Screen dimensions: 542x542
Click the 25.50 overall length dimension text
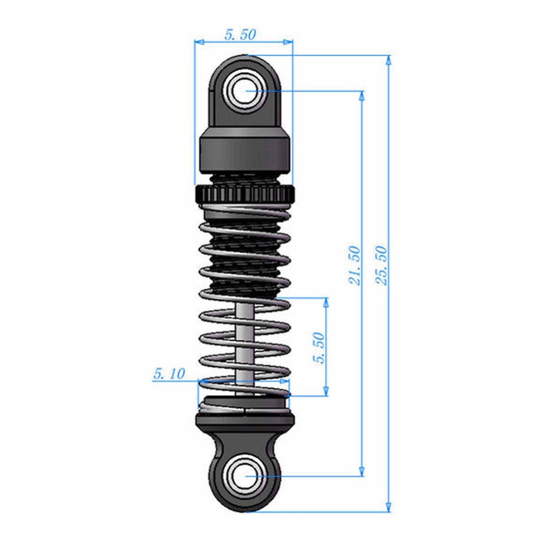click(381, 266)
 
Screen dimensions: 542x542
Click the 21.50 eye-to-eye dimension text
click(355, 266)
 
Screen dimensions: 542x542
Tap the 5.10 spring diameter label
click(169, 374)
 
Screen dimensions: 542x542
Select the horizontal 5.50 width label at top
click(240, 35)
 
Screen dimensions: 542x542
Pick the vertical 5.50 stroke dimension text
click(318, 348)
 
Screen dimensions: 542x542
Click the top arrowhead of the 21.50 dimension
click(362, 95)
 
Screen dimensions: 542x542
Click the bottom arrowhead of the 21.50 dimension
click(362, 471)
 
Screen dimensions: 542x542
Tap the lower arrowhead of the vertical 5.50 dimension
click(326, 391)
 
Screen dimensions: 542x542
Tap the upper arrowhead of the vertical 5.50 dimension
click(326, 302)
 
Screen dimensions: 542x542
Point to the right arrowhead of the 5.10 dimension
click(284, 381)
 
